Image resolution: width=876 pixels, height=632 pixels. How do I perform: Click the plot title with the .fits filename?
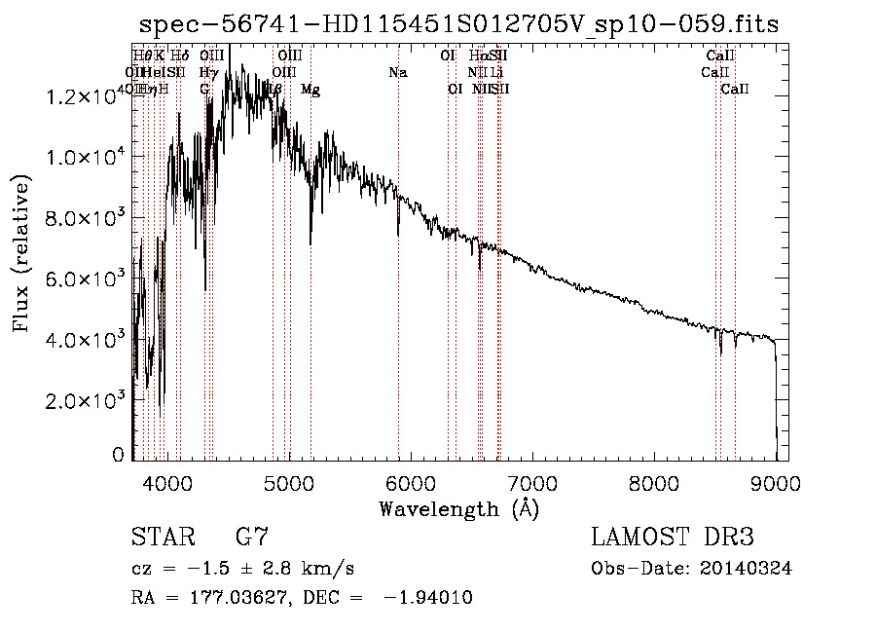(458, 24)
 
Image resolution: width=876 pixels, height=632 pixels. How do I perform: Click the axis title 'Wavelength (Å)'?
(458, 507)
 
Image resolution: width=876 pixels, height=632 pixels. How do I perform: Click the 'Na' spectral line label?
(397, 72)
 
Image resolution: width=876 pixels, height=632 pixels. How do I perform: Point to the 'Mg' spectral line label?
(310, 90)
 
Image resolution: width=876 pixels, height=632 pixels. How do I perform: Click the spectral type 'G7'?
(252, 538)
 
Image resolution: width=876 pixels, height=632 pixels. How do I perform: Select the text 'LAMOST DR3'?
(673, 538)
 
